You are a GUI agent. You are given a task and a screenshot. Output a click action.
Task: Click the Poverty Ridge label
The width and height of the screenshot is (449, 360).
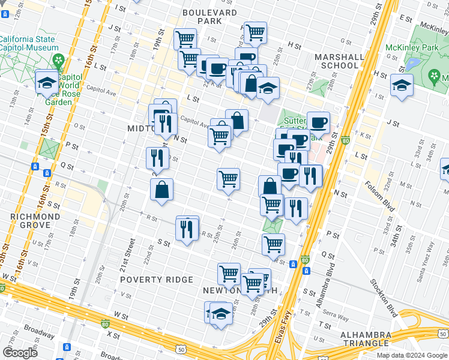pos(156,280)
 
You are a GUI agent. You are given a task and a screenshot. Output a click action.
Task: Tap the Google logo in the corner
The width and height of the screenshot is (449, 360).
pos(20,352)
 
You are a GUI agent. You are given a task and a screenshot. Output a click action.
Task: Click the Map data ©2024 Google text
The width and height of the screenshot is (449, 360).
pos(412,355)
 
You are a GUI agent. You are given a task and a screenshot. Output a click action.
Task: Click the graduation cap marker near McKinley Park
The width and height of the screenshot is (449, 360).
pos(402,86)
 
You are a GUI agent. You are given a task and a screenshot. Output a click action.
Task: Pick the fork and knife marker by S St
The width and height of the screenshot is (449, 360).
pos(187,228)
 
